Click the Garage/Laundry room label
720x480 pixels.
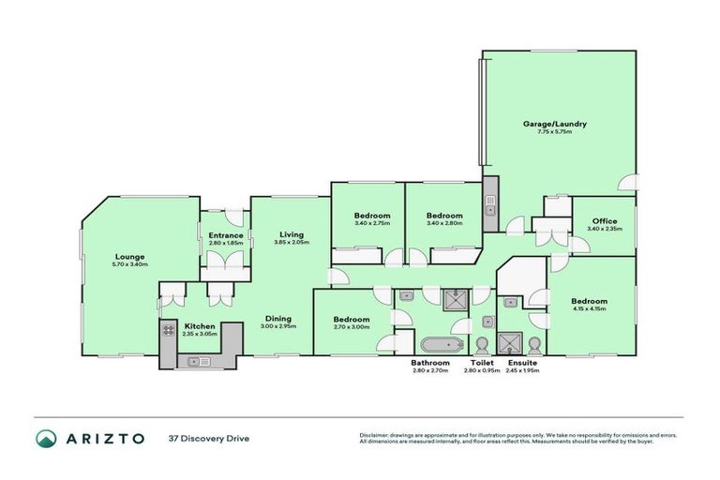click(x=555, y=123)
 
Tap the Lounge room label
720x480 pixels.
click(x=129, y=256)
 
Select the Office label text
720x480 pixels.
click(x=603, y=221)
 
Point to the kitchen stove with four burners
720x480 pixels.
click(x=169, y=330)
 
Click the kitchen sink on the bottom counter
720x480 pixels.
click(x=201, y=361)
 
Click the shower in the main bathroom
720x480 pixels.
click(x=457, y=298)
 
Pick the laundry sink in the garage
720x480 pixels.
click(x=489, y=208)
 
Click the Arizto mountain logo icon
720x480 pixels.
click(x=46, y=438)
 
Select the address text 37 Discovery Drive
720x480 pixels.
click(x=208, y=438)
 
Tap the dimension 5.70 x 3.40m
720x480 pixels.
click(x=129, y=264)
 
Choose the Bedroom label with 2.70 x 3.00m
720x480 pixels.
click(x=352, y=320)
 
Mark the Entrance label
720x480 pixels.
click(x=226, y=235)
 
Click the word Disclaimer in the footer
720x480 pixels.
click(x=376, y=435)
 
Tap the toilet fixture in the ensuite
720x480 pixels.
click(x=533, y=342)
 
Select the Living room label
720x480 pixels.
click(x=290, y=234)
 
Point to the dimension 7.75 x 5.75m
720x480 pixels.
click(x=555, y=131)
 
